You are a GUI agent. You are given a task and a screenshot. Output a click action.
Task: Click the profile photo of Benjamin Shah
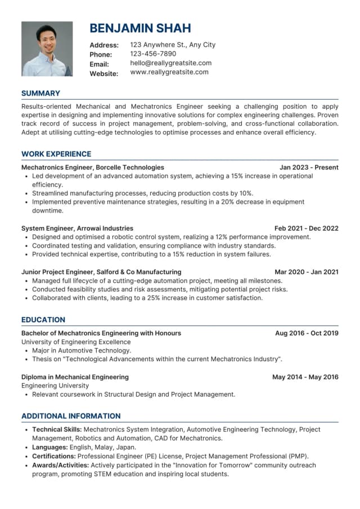[x=47, y=49]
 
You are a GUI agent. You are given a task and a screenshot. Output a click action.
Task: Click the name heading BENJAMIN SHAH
[x=140, y=28]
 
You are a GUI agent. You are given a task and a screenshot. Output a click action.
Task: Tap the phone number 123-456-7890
[x=153, y=54]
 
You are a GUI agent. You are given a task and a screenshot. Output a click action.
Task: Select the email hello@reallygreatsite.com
[x=170, y=63]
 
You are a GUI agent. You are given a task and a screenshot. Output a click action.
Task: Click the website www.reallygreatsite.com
[x=169, y=72]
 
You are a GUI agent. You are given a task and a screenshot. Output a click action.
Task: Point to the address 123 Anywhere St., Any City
[x=172, y=45]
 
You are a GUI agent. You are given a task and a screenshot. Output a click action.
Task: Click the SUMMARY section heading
[x=40, y=93]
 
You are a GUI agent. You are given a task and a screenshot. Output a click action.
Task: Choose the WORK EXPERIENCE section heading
[x=56, y=154]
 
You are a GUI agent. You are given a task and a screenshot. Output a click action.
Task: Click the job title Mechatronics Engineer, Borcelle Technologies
[x=93, y=167]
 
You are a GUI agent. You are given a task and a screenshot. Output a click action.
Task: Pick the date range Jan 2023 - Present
[x=309, y=167]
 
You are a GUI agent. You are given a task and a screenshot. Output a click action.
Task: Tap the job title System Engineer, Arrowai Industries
[x=77, y=228]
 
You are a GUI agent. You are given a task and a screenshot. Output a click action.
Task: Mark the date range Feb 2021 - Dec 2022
[x=306, y=228]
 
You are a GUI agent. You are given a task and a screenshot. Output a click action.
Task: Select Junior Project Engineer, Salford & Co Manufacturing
[x=101, y=272]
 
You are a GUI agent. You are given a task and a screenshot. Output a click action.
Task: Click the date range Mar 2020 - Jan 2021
[x=306, y=272]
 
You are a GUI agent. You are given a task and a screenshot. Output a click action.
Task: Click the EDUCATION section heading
[x=43, y=319]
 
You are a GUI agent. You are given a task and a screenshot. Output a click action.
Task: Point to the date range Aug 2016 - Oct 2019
[x=307, y=333]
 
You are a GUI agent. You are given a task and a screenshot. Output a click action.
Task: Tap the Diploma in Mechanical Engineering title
[x=75, y=377]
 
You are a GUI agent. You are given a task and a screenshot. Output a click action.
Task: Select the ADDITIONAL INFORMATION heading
[x=71, y=416]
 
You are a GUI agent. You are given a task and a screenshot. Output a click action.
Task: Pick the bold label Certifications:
[x=54, y=456]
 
